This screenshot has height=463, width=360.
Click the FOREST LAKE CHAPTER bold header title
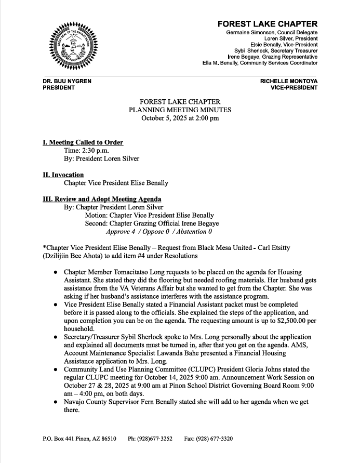[x=267, y=24]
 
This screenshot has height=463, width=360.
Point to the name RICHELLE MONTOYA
[x=289, y=82]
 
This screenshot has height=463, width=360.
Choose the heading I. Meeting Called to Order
[x=83, y=142]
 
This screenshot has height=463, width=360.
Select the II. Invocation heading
[x=63, y=175]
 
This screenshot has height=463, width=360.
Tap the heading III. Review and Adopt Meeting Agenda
[x=102, y=199]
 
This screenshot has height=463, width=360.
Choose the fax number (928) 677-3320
[x=216, y=439]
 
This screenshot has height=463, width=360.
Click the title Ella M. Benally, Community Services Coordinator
[x=260, y=63]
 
